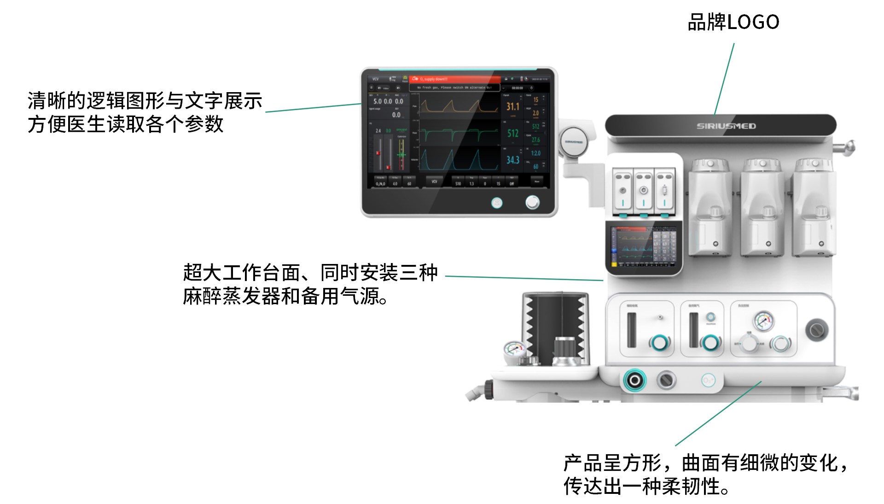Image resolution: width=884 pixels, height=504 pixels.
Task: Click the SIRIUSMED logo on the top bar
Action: point(726,126)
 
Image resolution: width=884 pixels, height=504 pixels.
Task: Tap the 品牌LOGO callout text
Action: point(733,22)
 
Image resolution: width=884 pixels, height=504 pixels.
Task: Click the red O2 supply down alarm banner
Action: point(454,79)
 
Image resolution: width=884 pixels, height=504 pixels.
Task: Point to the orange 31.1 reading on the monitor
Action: point(512,107)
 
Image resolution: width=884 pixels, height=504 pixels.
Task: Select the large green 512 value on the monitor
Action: point(513,134)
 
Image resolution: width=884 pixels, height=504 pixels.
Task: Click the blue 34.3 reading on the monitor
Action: point(512,160)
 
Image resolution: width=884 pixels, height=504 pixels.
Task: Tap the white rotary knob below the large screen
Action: point(532,202)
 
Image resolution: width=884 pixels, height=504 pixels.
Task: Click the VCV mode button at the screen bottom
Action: point(434,182)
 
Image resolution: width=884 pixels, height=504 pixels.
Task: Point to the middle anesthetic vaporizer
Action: point(762,207)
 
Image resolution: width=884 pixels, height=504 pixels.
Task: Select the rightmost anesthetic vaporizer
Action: point(814,207)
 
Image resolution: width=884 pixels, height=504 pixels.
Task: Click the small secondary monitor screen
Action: point(643,247)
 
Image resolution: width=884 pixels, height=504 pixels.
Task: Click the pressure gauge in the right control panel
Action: point(764,321)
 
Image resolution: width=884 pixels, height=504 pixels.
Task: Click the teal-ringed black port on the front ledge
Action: point(634,380)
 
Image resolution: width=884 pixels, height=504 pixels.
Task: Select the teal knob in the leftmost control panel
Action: point(659,343)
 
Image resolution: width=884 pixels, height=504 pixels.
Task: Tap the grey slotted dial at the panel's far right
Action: point(816,330)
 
